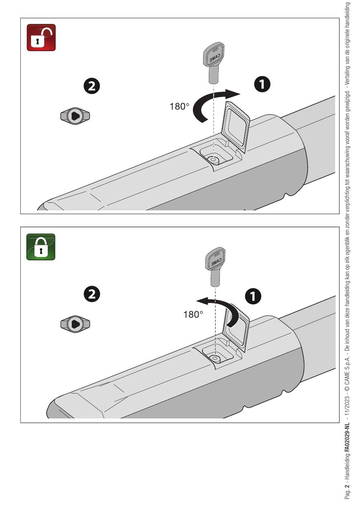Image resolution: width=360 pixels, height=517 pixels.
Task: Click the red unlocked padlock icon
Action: pyautogui.click(x=41, y=38)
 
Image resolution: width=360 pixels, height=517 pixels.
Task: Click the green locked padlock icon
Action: pyautogui.click(x=41, y=247)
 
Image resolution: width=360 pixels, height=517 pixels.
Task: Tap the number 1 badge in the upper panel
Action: pyautogui.click(x=262, y=84)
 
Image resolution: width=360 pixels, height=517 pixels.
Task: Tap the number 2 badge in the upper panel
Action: pyautogui.click(x=92, y=86)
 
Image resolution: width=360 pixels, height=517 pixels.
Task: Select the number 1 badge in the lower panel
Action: pyautogui.click(x=253, y=296)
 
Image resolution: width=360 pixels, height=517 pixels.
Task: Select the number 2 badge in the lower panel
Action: pyautogui.click(x=92, y=294)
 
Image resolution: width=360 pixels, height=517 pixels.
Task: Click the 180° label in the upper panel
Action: pyautogui.click(x=179, y=107)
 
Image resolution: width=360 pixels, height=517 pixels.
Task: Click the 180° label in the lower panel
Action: pyautogui.click(x=193, y=314)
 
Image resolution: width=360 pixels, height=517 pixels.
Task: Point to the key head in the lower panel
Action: pyautogui.click(x=216, y=259)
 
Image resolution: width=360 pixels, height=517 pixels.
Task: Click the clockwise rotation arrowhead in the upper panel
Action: pyautogui.click(x=233, y=94)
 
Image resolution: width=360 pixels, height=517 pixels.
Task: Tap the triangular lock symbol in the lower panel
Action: pyautogui.click(x=75, y=324)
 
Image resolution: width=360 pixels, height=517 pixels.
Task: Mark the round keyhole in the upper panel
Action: pyautogui.click(x=213, y=160)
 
